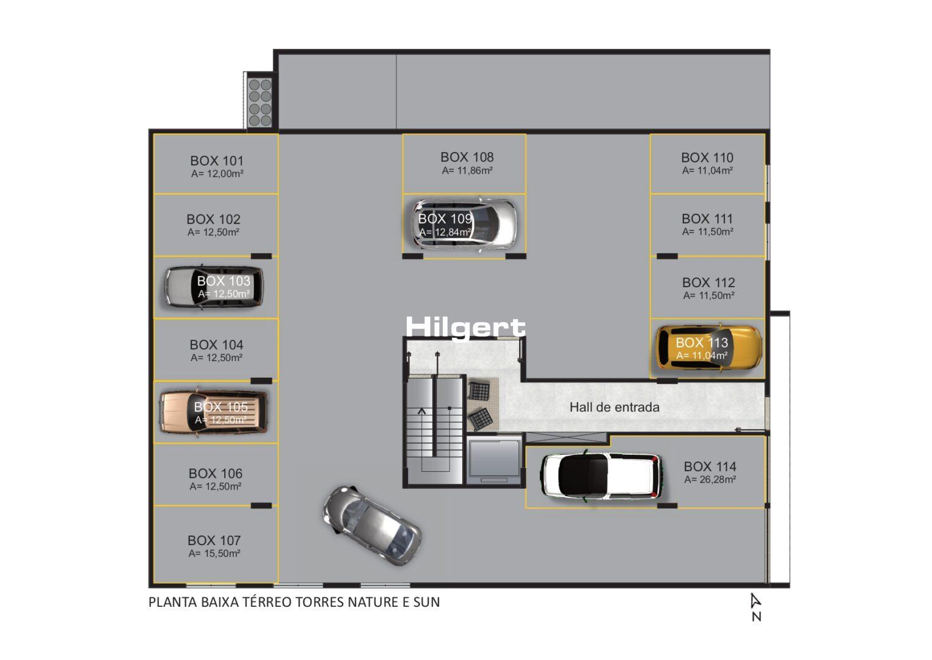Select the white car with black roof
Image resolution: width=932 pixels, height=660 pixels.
[602, 475]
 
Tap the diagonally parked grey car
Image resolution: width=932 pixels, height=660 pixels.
[372, 526]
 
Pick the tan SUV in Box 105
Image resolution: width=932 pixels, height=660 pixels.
[214, 412]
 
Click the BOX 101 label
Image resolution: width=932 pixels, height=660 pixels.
[217, 161]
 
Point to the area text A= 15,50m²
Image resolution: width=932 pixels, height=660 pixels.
[214, 554]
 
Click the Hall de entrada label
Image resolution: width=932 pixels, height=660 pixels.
[614, 407]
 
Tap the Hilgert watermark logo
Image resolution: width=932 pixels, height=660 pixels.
[465, 328]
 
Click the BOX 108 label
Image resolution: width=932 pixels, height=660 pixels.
[467, 157]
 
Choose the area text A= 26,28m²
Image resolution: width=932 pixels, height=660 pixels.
[710, 480]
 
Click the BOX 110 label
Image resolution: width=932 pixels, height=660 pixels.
[707, 158]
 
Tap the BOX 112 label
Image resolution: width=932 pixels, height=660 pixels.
[708, 282]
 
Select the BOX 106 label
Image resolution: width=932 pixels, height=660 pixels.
[216, 474]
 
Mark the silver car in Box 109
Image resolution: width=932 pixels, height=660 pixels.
[464, 225]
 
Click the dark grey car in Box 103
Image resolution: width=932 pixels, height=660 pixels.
[214, 287]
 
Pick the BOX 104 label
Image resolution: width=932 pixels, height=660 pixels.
[216, 345]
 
